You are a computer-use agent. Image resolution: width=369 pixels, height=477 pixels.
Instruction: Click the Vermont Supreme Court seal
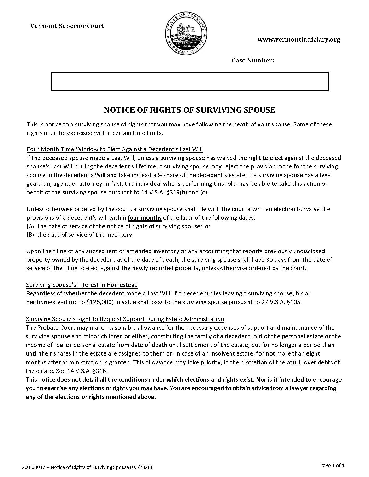point(186,33)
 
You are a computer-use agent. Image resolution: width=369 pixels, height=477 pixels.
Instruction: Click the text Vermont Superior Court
point(67,26)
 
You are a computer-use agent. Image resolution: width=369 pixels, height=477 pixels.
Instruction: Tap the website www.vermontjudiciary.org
point(299,39)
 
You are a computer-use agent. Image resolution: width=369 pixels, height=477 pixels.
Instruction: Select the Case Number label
point(253,61)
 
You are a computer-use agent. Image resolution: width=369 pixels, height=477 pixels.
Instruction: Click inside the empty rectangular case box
point(190,82)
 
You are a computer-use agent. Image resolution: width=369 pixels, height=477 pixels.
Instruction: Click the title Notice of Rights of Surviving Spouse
point(189,110)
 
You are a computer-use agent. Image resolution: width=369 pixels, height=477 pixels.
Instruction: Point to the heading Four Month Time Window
point(115,149)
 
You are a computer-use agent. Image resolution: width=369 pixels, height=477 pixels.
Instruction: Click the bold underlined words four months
point(144,218)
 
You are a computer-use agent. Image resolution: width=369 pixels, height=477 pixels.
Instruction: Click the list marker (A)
point(31,226)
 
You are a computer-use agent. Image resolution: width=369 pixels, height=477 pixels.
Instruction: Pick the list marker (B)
point(30,235)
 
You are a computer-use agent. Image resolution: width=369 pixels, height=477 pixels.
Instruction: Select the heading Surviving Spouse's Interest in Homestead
point(82,285)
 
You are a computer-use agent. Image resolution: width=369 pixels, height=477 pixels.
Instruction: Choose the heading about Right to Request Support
point(125,319)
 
